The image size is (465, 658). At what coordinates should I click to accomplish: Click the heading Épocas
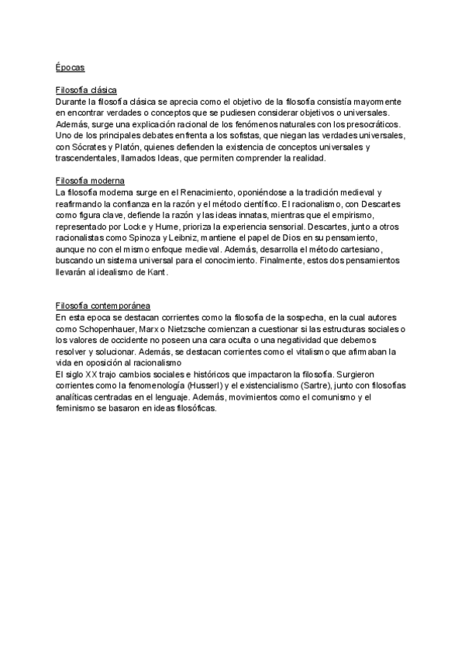70,68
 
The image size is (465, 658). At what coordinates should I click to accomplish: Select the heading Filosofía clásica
86,91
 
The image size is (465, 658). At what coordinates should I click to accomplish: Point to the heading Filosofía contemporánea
103,306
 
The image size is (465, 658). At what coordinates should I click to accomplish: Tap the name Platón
140,147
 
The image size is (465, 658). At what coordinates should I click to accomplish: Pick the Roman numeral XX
91,374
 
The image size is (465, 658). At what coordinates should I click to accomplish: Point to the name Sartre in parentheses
328,386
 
